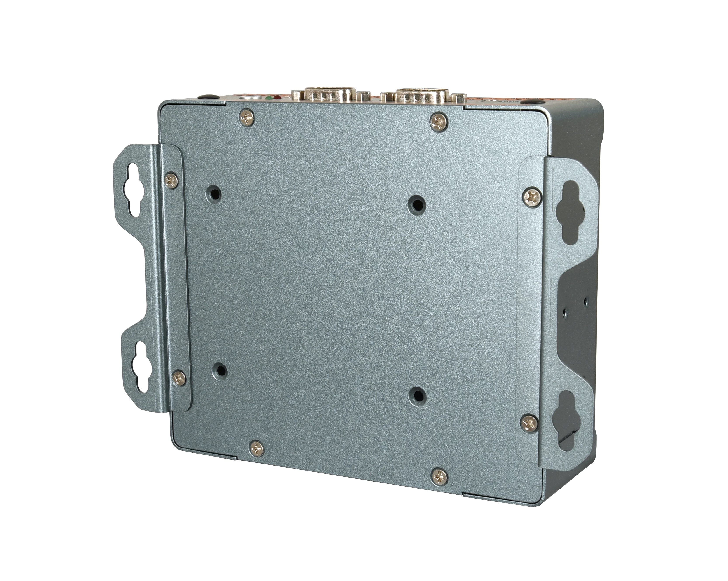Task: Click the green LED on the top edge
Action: click(269, 98)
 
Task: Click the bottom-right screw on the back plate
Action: click(440, 476)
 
